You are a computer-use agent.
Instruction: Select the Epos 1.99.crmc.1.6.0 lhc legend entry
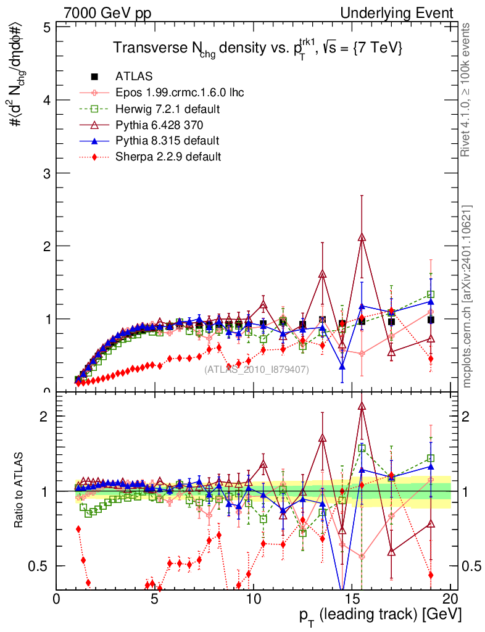coord(180,93)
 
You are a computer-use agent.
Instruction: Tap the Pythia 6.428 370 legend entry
coord(162,125)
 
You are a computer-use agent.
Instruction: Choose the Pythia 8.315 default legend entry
coord(167,141)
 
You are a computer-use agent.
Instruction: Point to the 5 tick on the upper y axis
coord(47,28)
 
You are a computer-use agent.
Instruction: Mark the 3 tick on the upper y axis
coord(47,173)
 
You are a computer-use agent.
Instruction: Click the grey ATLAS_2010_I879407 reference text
coord(257,370)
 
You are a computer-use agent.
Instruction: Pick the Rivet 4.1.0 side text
coord(470,89)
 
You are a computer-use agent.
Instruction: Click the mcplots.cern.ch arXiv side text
coord(470,296)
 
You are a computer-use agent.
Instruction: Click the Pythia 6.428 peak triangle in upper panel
coord(362,238)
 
